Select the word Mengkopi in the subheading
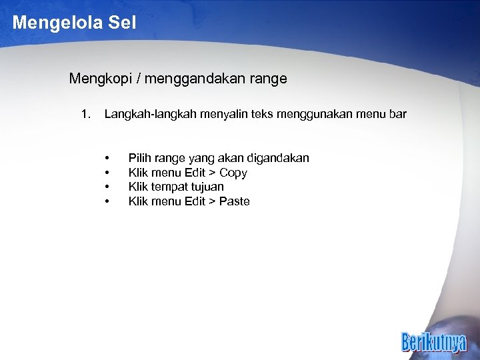pos(97,79)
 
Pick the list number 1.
pos(85,115)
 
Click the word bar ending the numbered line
pos(397,115)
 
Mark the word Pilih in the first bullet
pos(140,158)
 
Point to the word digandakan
pos(278,158)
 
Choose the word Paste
pos(235,201)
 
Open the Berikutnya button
pos(434,341)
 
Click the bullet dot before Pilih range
pos(107,159)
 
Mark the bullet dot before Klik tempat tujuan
pos(107,187)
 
